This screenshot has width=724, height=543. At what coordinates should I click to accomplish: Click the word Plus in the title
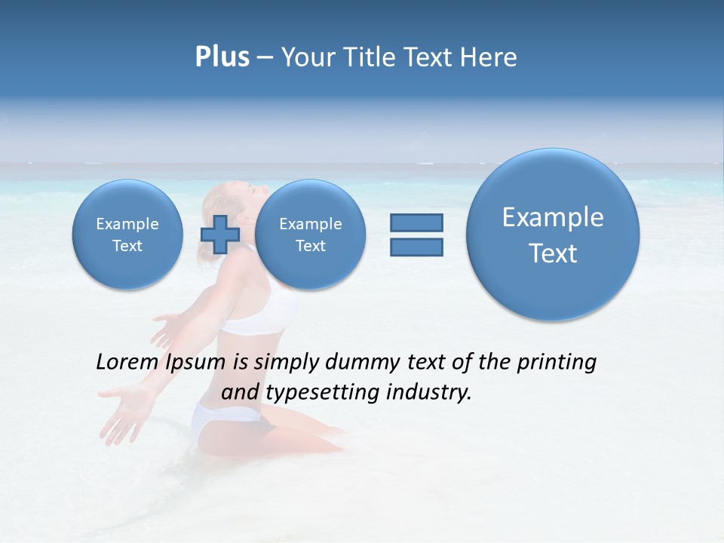[x=222, y=57]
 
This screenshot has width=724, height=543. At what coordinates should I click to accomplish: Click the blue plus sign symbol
[x=220, y=235]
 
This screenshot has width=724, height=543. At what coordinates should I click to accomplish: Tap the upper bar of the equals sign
[x=416, y=222]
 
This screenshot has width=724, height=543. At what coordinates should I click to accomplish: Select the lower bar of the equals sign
[x=416, y=247]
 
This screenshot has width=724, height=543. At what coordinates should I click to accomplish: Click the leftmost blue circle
[x=127, y=235]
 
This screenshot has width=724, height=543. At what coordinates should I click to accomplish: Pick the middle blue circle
[x=310, y=235]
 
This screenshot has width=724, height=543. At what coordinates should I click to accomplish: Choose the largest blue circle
[x=553, y=235]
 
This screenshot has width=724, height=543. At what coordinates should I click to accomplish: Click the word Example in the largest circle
[x=553, y=217]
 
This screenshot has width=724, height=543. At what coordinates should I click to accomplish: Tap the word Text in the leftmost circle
[x=127, y=246]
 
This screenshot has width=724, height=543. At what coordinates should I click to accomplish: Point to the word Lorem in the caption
[x=128, y=362]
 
